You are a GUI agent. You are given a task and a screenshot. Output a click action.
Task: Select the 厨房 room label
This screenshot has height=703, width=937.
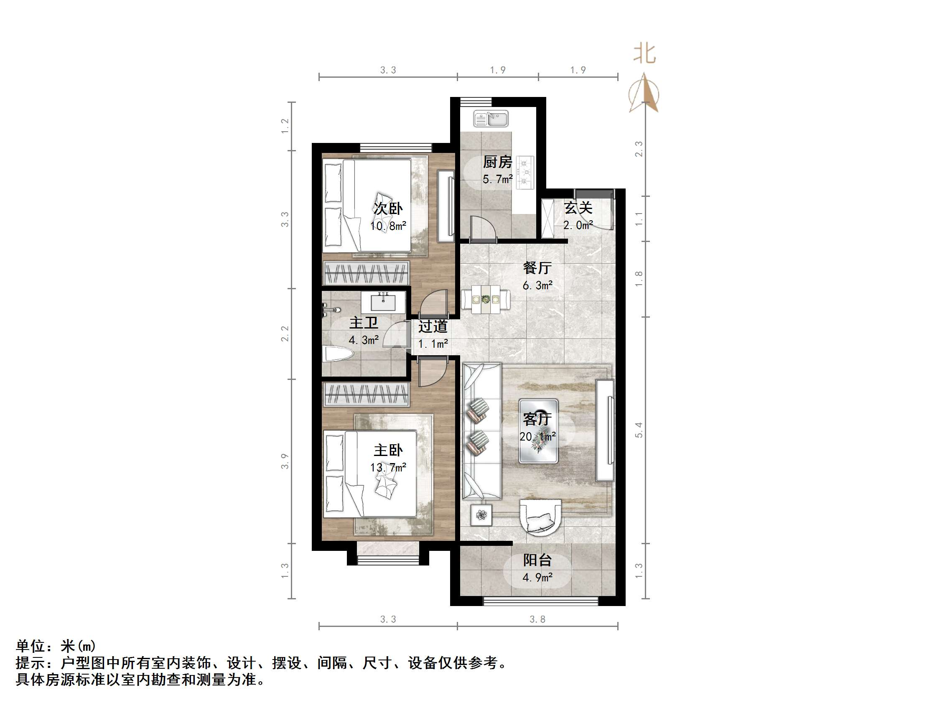click(497, 162)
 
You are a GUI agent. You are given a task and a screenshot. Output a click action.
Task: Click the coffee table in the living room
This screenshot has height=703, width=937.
click(538, 431)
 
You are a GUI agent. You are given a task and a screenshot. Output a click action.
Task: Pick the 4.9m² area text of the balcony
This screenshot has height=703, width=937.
click(537, 578)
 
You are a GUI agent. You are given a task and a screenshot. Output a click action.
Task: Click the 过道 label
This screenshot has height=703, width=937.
click(433, 326)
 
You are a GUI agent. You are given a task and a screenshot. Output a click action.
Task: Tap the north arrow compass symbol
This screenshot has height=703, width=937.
click(644, 93)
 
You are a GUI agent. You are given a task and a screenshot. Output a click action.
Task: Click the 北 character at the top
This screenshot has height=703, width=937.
click(644, 54)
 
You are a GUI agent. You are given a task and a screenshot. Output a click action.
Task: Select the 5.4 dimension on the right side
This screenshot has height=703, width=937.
click(639, 430)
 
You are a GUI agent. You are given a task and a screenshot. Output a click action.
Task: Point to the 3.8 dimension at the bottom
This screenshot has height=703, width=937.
click(537, 619)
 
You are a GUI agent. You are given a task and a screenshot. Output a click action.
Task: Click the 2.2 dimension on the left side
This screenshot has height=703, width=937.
click(285, 334)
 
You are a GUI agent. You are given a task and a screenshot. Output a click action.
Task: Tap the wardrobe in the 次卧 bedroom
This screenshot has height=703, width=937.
click(366, 273)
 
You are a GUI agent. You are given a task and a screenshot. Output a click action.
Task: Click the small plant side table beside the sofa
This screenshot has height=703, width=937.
click(481, 515)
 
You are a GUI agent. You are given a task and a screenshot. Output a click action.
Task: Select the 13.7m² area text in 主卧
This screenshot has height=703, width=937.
click(388, 468)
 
